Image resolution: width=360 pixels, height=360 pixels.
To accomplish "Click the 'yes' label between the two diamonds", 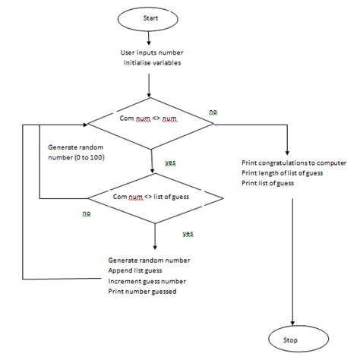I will click(x=170, y=163).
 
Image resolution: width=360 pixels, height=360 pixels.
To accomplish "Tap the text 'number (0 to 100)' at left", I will click(x=76, y=156).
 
